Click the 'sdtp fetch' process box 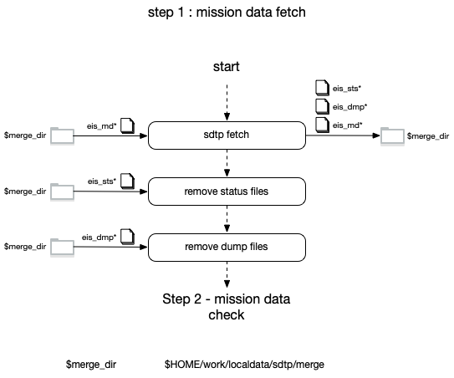[227, 135]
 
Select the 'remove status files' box [227, 192]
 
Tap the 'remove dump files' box [227, 247]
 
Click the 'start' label [226, 67]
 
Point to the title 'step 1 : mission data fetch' [227, 13]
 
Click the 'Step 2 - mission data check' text [226, 307]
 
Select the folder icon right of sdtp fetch [392, 135]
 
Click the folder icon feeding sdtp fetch [62, 135]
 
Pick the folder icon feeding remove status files [62, 192]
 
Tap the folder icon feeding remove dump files [62, 247]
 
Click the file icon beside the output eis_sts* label [322, 88]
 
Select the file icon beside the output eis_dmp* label [322, 106]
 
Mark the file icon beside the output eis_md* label [322, 125]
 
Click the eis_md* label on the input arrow [102, 126]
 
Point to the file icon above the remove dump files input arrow [127, 237]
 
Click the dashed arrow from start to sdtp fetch [227, 102]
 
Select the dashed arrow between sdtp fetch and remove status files [227, 163]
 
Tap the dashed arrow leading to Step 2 [227, 274]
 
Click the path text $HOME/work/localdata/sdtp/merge [244, 365]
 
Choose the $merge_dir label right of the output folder [428, 136]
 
